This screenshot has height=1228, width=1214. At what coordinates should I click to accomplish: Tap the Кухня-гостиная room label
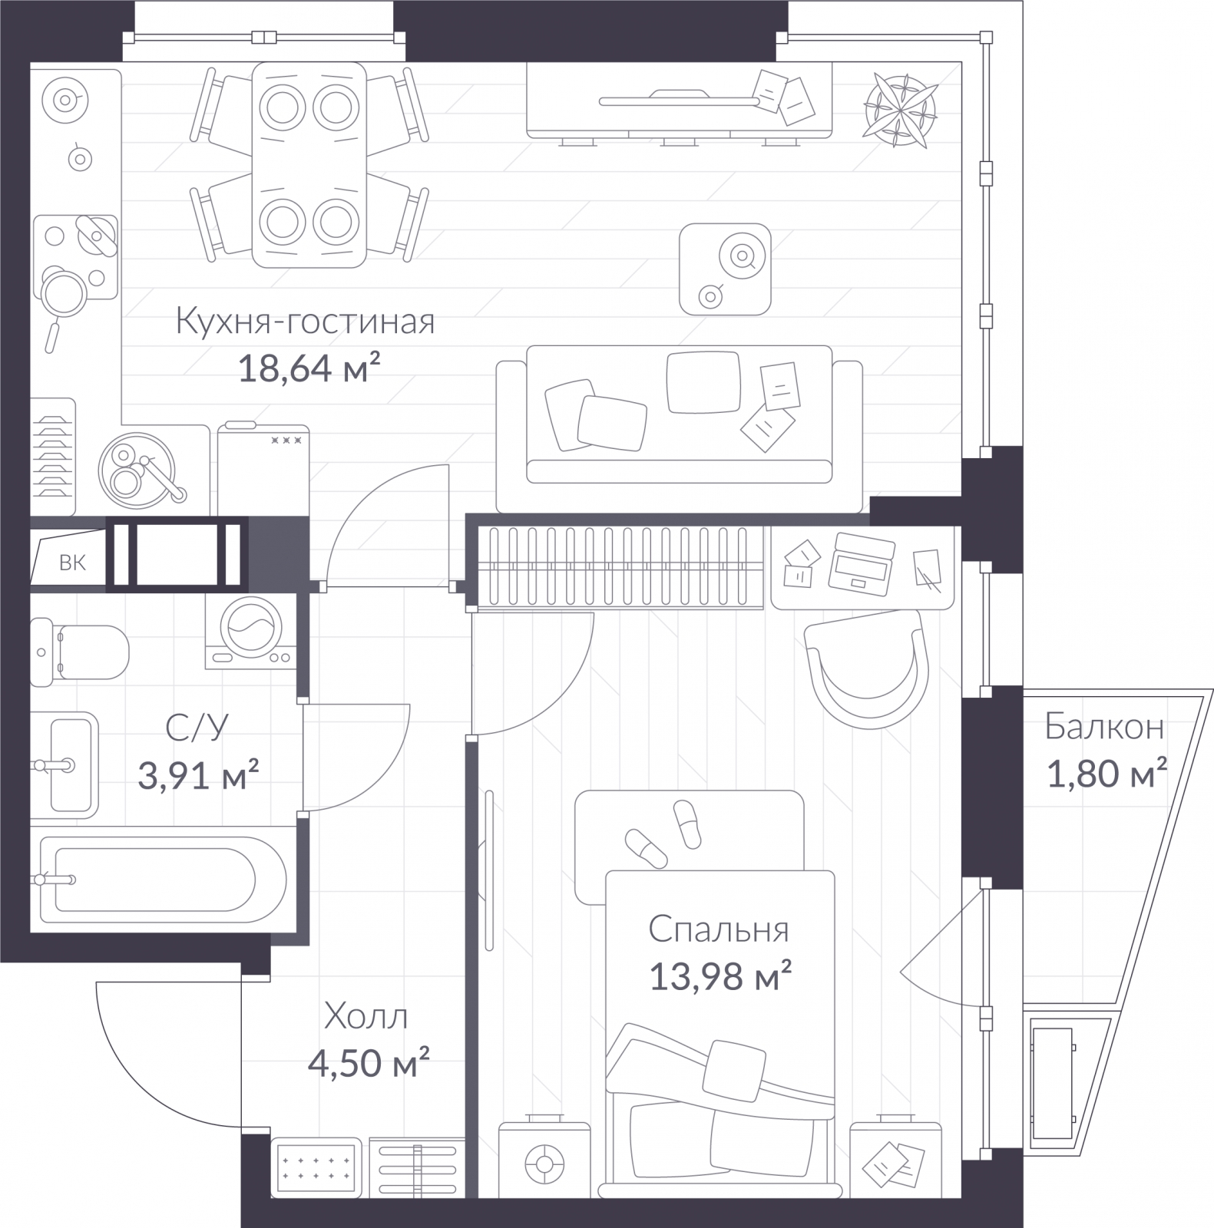pos(306,322)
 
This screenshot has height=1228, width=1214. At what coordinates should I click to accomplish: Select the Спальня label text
pos(719,930)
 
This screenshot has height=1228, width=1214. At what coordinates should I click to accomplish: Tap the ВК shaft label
pos(73,563)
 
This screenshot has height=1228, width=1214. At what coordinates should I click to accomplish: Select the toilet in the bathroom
pos(78,652)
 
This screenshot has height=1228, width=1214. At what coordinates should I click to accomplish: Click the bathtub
pos(163,879)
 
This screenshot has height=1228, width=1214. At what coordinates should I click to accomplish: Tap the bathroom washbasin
pos(65,764)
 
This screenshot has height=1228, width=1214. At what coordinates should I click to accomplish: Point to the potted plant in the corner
pos(901,109)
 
